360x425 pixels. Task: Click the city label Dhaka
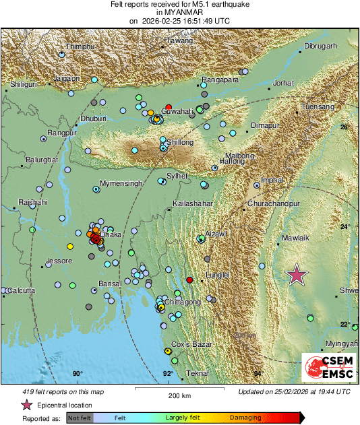[x=110, y=235]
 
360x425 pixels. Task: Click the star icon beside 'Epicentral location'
[x=27, y=405]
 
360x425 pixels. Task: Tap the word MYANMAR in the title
[x=179, y=12]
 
